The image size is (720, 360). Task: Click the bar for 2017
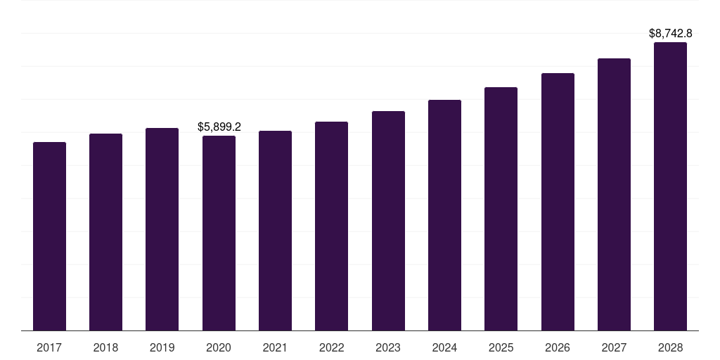[49, 236]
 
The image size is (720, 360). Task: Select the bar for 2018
[105, 232]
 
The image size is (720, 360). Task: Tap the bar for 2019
[162, 229]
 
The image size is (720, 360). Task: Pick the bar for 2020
[219, 233]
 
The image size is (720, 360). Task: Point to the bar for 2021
[275, 231]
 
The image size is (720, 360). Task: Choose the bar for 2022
[331, 226]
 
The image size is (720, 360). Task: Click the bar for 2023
[388, 221]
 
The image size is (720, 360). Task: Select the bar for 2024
[444, 215]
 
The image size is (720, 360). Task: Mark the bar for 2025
[501, 209]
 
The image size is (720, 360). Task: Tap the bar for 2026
[558, 202]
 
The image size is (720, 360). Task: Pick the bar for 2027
[614, 194]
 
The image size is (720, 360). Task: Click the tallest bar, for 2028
[670, 186]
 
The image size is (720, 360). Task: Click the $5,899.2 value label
[219, 127]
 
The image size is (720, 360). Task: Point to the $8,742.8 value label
[670, 33]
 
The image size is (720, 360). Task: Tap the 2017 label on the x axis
[49, 347]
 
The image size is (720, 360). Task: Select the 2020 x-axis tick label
[219, 347]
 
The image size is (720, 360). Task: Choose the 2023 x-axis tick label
[388, 347]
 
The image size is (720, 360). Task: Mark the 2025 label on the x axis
[501, 347]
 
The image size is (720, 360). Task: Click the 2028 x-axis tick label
[670, 347]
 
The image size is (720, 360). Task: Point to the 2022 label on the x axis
[331, 347]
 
